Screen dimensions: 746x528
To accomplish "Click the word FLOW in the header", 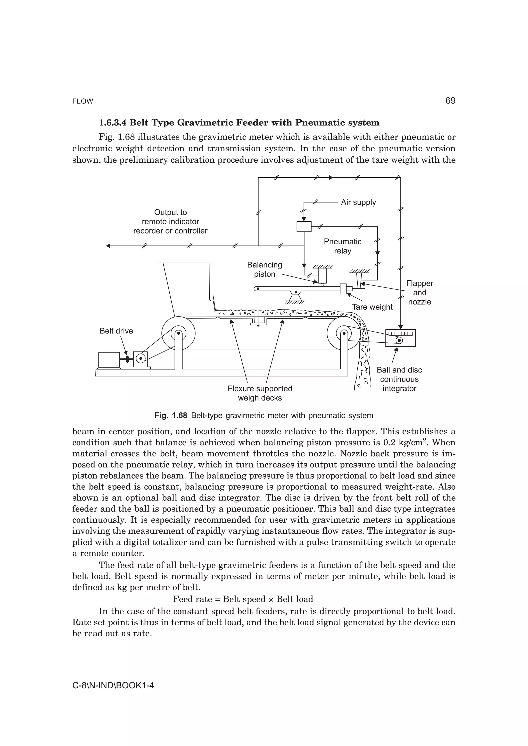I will point(83,101).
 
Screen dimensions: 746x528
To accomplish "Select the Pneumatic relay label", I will point(343,246).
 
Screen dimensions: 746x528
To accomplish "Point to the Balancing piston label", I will point(265,269).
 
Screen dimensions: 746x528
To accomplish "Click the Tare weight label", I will point(372,307).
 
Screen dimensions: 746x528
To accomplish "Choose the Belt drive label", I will point(116,331).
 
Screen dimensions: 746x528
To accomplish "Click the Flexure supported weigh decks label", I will point(260,393).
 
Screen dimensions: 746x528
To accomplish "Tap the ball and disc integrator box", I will point(400,338).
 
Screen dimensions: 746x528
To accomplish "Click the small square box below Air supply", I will point(304,227).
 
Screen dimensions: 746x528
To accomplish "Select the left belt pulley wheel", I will point(178,333).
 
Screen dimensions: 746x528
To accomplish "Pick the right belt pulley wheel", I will point(344,333).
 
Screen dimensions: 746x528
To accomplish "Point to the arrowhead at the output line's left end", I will point(108,246).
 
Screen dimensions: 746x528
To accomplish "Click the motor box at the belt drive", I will point(109,360).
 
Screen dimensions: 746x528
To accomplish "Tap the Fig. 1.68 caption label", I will point(171,415).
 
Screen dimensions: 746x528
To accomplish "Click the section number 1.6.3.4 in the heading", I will point(113,123).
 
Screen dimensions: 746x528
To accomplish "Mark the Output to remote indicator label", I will point(170,221).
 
